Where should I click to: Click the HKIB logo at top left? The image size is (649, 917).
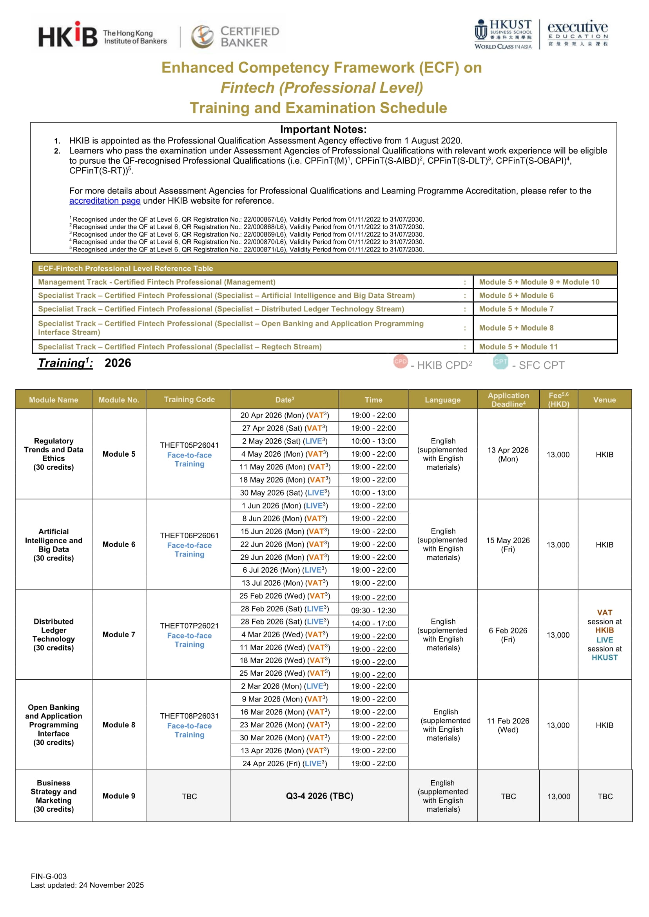click(x=68, y=35)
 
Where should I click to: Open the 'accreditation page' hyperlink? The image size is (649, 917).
click(x=105, y=201)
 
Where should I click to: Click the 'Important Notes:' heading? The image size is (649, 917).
click(x=323, y=129)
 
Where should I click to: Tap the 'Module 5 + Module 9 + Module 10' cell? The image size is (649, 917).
click(x=539, y=282)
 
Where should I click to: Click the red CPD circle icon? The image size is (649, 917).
click(x=401, y=362)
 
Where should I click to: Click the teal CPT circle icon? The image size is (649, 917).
click(x=500, y=362)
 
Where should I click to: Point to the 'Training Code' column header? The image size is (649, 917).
click(x=189, y=400)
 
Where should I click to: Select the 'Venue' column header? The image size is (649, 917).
click(x=604, y=400)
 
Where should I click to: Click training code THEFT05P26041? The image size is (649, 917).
click(x=189, y=445)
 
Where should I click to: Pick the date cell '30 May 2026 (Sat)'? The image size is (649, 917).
click(x=285, y=493)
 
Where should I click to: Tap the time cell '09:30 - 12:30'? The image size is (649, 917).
click(x=373, y=610)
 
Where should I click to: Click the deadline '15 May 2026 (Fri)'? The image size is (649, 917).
click(x=508, y=545)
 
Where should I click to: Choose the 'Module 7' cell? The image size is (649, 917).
click(x=119, y=635)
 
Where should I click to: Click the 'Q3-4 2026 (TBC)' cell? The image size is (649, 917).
click(x=319, y=796)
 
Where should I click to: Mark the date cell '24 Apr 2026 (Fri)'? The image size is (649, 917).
click(x=285, y=763)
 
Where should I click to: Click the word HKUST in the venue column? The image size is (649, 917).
click(x=604, y=657)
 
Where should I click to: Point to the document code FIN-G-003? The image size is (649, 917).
click(x=49, y=876)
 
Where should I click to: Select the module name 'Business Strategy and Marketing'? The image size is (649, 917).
click(x=54, y=796)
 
